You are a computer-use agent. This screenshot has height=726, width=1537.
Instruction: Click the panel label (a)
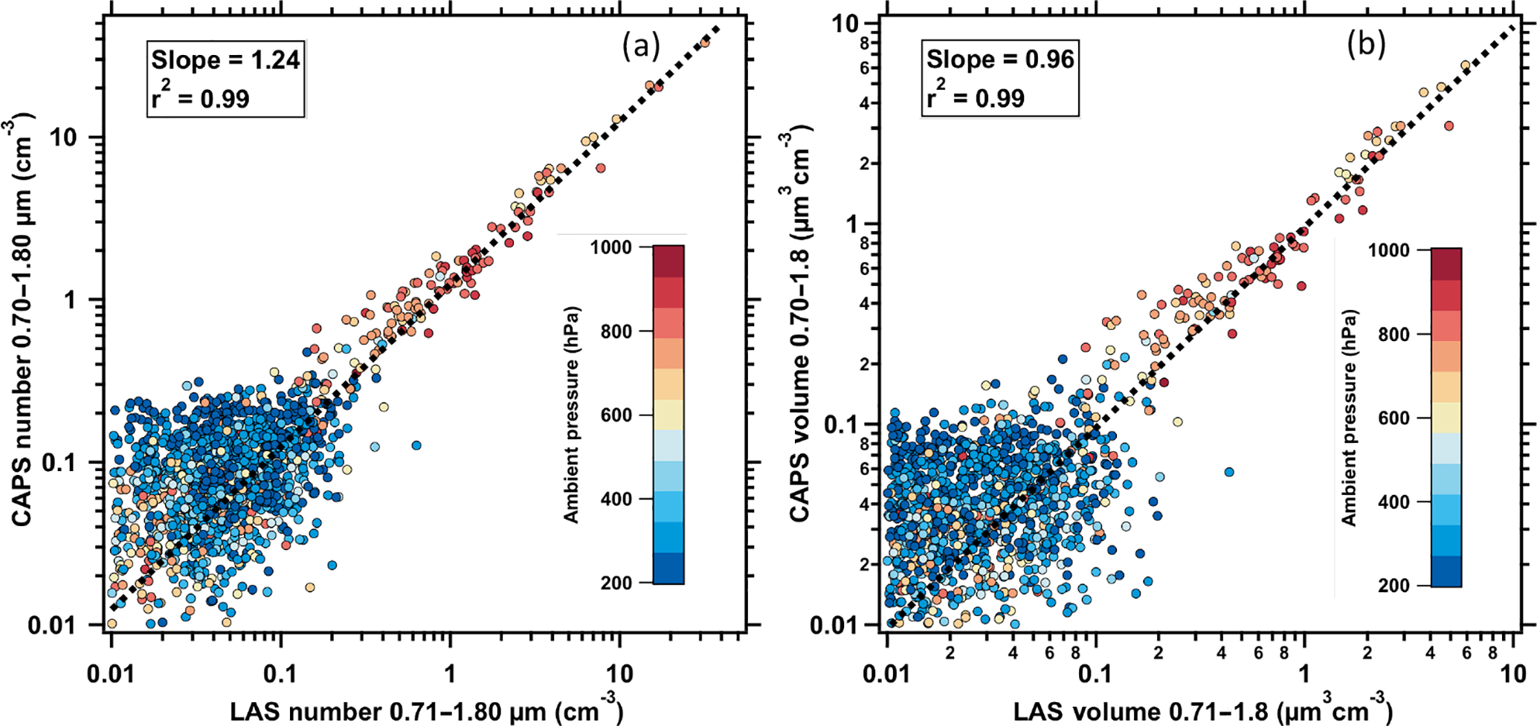click(x=640, y=47)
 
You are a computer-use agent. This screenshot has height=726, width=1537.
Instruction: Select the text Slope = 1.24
click(x=225, y=59)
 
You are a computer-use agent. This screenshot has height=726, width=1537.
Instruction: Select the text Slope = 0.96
click(x=1000, y=59)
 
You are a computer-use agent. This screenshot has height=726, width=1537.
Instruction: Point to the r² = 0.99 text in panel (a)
click(x=200, y=97)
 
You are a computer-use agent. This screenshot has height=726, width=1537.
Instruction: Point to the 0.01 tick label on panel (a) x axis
click(x=112, y=674)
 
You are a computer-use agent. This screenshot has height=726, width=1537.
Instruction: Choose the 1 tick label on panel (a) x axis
click(x=449, y=674)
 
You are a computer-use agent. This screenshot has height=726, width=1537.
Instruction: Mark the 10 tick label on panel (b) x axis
click(x=1513, y=674)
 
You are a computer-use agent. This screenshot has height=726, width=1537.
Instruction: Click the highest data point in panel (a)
click(x=705, y=42)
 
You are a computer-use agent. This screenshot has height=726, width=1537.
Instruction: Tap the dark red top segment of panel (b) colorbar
click(x=1446, y=264)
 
